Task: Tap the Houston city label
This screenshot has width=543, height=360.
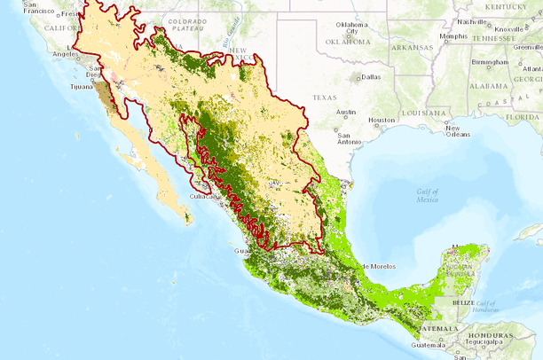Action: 382,120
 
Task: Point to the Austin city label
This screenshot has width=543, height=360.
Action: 346,112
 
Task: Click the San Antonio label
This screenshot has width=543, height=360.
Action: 342,137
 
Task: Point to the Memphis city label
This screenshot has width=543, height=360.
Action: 452,36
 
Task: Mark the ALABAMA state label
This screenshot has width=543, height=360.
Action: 487,86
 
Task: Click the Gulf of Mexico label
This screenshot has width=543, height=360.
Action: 429,195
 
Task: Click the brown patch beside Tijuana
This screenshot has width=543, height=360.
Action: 105,92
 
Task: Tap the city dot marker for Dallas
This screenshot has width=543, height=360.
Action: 358,78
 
